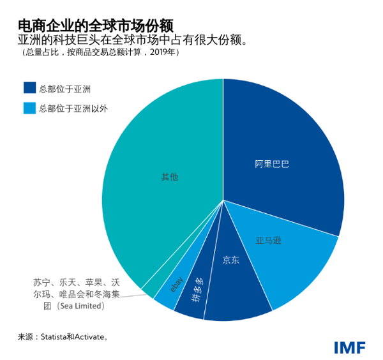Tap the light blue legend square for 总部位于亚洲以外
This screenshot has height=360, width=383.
click(x=30, y=108)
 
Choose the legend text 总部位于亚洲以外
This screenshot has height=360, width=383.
click(x=73, y=108)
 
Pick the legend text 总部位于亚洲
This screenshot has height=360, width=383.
click(x=64, y=89)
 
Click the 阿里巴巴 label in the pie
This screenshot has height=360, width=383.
click(x=272, y=164)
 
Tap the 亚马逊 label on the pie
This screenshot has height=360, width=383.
click(x=269, y=241)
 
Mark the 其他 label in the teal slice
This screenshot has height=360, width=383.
click(x=169, y=177)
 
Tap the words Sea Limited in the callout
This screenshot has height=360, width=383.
click(x=79, y=306)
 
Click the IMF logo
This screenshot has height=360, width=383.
click(x=349, y=347)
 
